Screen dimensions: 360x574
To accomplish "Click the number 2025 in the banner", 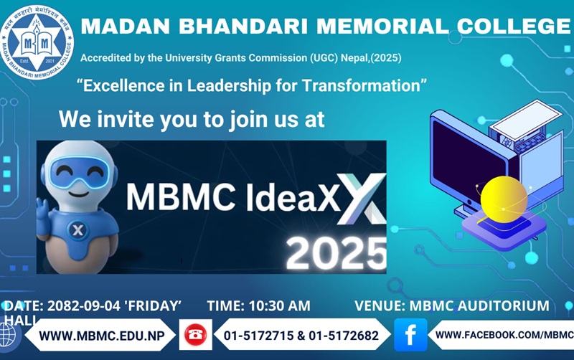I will click(x=336, y=252).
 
